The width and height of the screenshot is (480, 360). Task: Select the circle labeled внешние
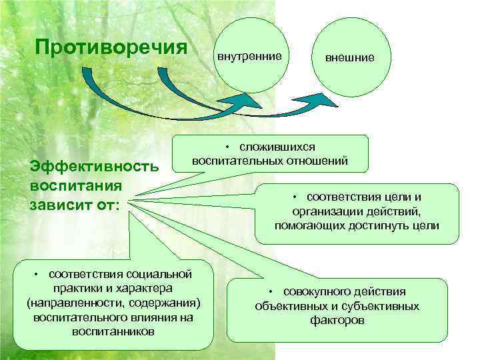click(349, 58)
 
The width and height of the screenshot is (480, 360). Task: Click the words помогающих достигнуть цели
click(357, 225)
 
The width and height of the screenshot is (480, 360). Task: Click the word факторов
click(337, 320)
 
